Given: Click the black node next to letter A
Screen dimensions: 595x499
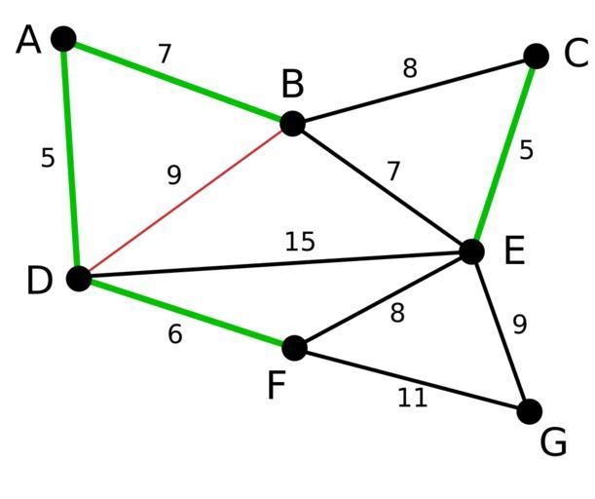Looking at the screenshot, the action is coord(63,39).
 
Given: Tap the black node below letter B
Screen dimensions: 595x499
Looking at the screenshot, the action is coord(292,124).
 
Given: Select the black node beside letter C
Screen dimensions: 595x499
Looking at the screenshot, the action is coord(536,57).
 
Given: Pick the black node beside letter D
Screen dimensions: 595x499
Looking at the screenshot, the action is coord(79,279).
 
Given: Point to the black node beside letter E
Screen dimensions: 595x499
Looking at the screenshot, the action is coord(471,251).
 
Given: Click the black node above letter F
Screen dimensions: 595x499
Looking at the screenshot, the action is coord(295,348).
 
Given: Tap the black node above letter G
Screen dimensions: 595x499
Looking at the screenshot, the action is coord(530,411).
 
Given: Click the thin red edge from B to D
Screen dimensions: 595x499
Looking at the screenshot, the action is coord(186,201).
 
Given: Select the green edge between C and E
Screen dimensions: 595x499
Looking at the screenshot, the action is coord(503,154).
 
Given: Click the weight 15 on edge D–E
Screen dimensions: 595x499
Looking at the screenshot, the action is coord(300,242).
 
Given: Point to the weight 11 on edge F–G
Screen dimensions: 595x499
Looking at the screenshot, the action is coord(413,399).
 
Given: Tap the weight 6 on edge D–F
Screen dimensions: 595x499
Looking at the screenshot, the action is coord(175,334).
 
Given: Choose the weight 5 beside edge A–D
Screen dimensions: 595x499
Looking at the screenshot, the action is coord(48,158).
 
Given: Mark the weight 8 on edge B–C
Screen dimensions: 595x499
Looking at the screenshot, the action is coord(410,68).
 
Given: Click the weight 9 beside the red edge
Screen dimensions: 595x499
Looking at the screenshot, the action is coord(174,175).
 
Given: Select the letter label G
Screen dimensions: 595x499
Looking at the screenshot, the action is coord(553,442).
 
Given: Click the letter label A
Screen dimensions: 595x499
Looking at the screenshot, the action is coord(28,40).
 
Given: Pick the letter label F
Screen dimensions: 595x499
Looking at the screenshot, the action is coord(277,385).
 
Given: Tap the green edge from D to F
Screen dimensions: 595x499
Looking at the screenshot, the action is coord(187,313).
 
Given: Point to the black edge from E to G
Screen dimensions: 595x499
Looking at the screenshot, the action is coord(501,331).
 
